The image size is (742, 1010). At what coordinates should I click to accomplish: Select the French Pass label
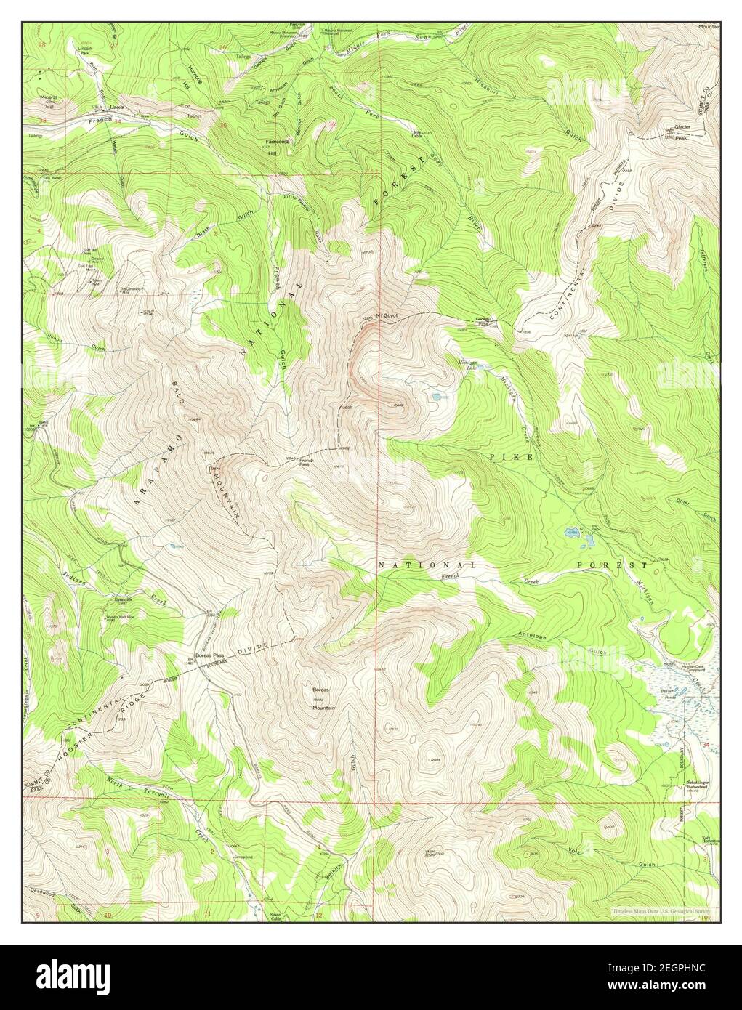[x=307, y=461]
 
